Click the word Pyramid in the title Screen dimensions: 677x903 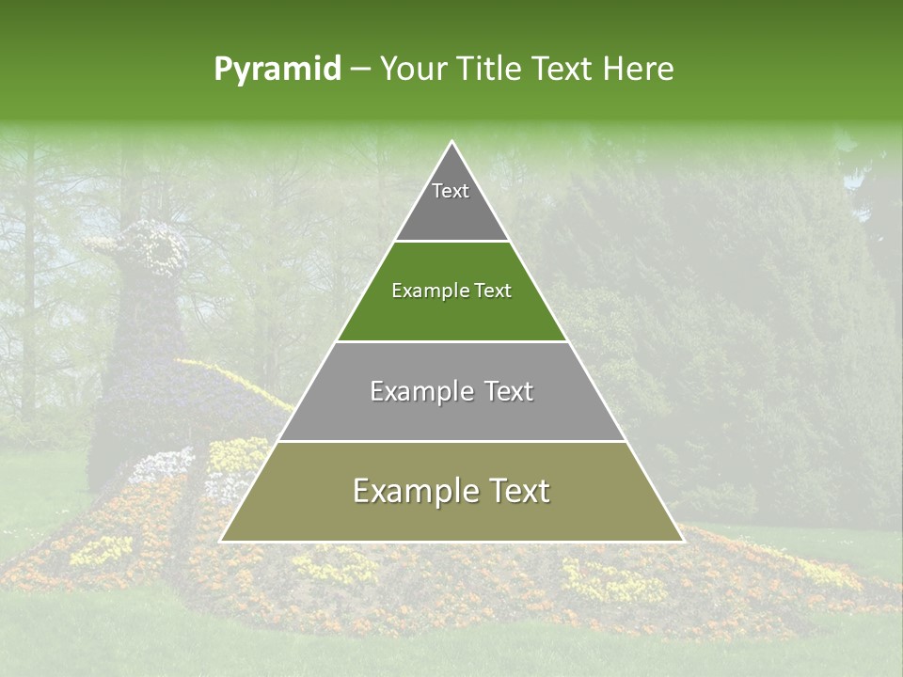coord(277,70)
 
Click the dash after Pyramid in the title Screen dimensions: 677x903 coord(360,70)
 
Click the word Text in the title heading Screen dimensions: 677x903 coord(564,69)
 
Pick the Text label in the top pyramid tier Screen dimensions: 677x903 coord(451,191)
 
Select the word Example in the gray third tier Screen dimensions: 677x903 coord(419,391)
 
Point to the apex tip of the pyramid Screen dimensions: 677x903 coord(452,143)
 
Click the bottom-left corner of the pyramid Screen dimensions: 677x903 coord(222,541)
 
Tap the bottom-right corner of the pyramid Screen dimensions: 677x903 coord(682,541)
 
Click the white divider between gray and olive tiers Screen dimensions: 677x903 coord(451,441)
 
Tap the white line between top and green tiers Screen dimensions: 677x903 coord(451,242)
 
